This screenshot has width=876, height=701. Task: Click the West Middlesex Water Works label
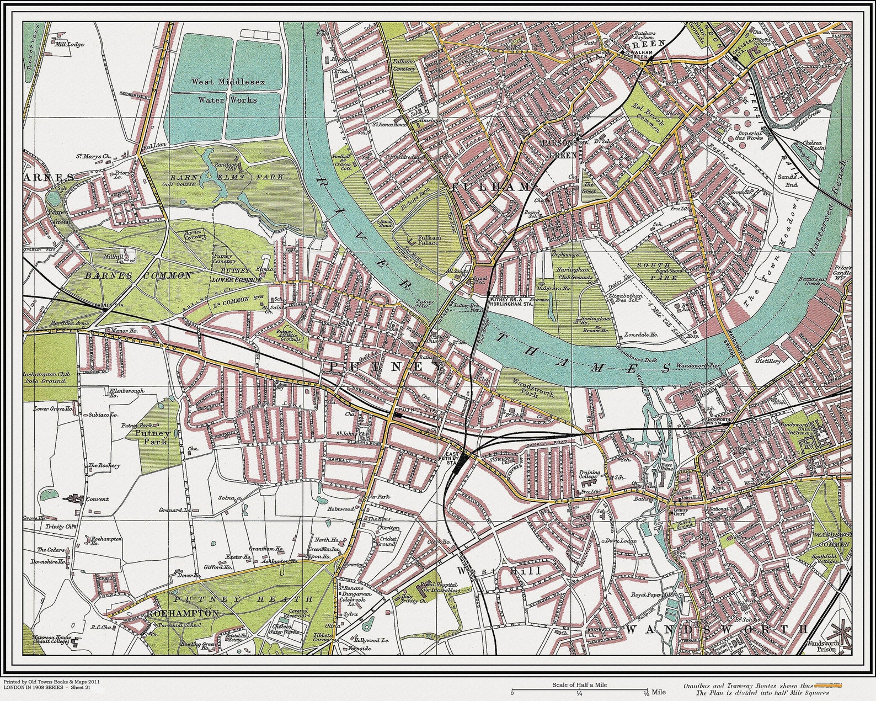(228, 91)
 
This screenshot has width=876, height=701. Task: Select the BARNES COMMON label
(138, 275)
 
